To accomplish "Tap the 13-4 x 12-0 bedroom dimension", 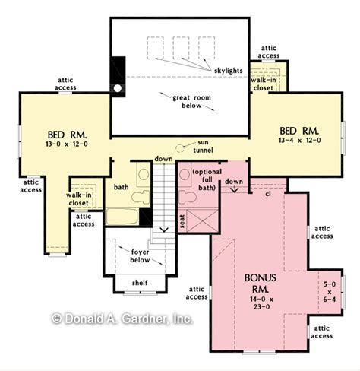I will point(300,140).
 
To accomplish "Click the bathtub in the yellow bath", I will point(122,216).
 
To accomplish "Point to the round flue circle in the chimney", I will point(118,87).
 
